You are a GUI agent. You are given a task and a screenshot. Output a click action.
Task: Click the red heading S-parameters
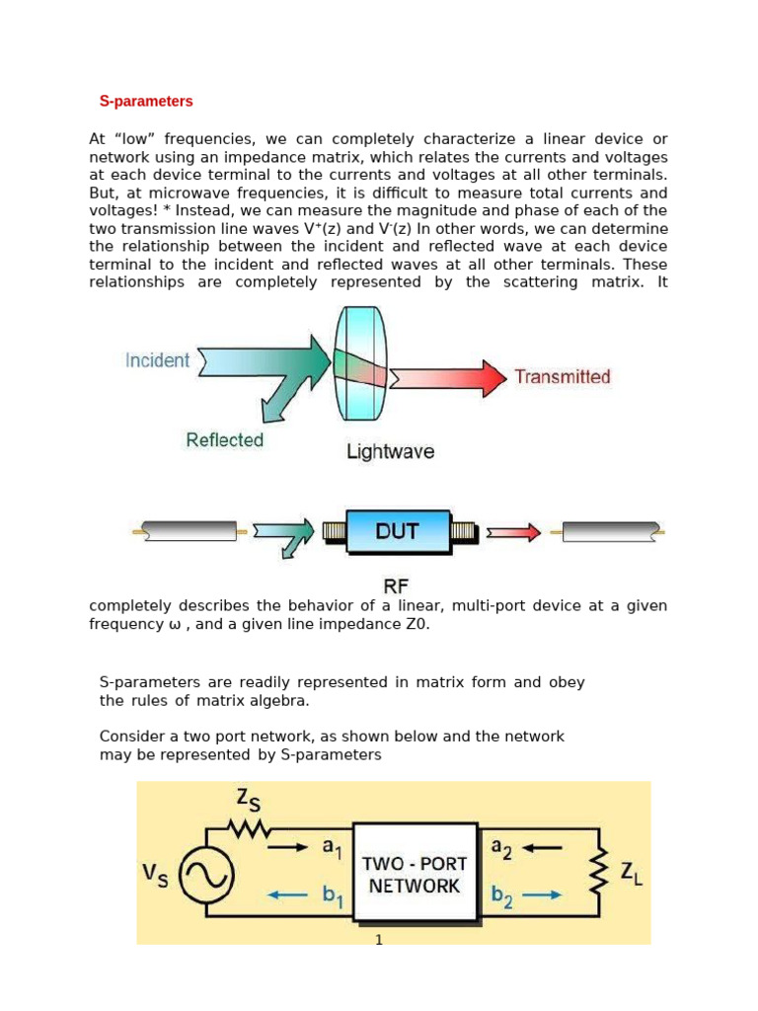[x=146, y=102]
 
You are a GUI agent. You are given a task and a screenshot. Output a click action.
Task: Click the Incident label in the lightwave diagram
[x=157, y=360]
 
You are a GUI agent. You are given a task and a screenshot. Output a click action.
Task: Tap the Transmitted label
[x=563, y=376]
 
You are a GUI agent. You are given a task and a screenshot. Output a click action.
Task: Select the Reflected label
[x=224, y=440]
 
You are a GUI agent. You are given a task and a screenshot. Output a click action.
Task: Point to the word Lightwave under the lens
[x=390, y=452]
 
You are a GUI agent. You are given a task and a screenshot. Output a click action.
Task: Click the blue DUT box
[x=397, y=532]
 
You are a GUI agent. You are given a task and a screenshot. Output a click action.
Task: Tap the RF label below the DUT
[x=396, y=586]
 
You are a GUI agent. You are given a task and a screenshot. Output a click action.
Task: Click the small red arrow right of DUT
[x=514, y=533]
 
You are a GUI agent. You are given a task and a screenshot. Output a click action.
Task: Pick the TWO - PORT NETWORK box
[x=415, y=873]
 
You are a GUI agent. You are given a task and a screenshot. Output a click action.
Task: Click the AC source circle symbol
[x=205, y=874]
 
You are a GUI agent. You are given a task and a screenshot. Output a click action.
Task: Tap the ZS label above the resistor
[x=250, y=799]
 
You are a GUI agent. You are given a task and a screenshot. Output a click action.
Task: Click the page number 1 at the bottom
[x=378, y=939]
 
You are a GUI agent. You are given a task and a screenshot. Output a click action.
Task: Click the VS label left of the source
[x=156, y=874]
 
